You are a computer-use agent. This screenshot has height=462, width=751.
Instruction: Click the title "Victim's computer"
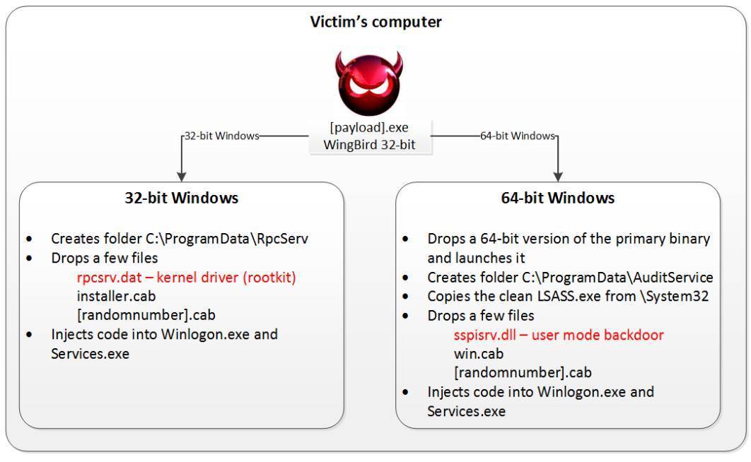[x=375, y=22]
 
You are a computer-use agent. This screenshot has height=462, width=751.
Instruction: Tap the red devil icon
[x=368, y=82]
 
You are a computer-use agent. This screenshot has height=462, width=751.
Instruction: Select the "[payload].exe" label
[x=368, y=128]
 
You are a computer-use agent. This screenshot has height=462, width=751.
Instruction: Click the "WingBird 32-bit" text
[x=368, y=145]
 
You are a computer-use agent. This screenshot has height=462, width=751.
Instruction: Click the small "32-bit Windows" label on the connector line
[x=221, y=136]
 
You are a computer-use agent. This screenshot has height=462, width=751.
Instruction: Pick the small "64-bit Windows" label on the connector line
[x=518, y=136]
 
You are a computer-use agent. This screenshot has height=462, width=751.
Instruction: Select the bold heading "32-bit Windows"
[x=182, y=198]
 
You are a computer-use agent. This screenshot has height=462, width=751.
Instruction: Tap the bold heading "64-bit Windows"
[x=558, y=198]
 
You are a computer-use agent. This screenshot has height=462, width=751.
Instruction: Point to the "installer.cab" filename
[x=116, y=295]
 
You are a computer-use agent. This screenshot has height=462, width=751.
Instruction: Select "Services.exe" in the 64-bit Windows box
[x=466, y=411]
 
